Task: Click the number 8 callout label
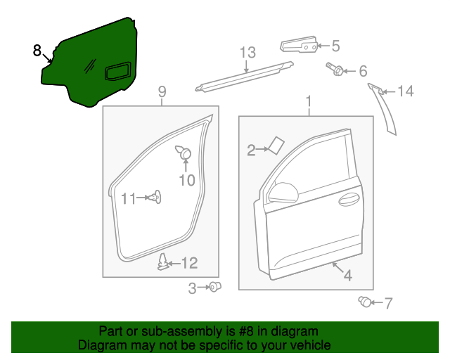tap(37, 51)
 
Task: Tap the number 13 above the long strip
tap(247, 53)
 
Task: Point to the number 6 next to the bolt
tap(363, 71)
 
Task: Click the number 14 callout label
tap(406, 91)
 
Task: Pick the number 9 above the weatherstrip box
tap(162, 91)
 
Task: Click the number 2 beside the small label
tap(251, 149)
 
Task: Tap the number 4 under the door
tap(347, 276)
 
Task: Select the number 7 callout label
tap(388, 303)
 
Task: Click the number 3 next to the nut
tap(192, 288)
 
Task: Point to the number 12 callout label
tap(190, 263)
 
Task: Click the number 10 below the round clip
tap(186, 181)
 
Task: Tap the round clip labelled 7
tap(365, 302)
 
